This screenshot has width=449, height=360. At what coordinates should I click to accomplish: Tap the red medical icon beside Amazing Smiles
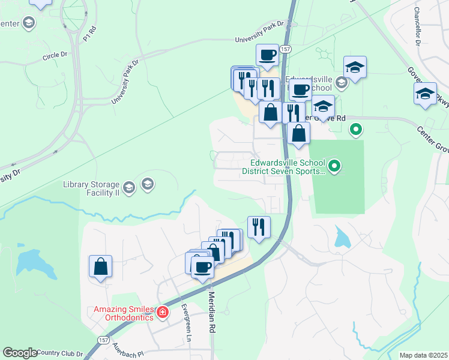(x=161, y=313)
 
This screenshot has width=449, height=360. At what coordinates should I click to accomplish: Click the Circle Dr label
(x=55, y=55)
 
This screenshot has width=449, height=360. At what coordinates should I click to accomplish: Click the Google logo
(x=19, y=353)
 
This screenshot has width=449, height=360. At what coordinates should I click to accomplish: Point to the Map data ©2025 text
(x=423, y=355)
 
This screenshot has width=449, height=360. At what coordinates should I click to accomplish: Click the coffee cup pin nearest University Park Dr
(x=268, y=55)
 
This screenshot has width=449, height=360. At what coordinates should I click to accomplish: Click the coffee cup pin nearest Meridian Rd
(x=203, y=267)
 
